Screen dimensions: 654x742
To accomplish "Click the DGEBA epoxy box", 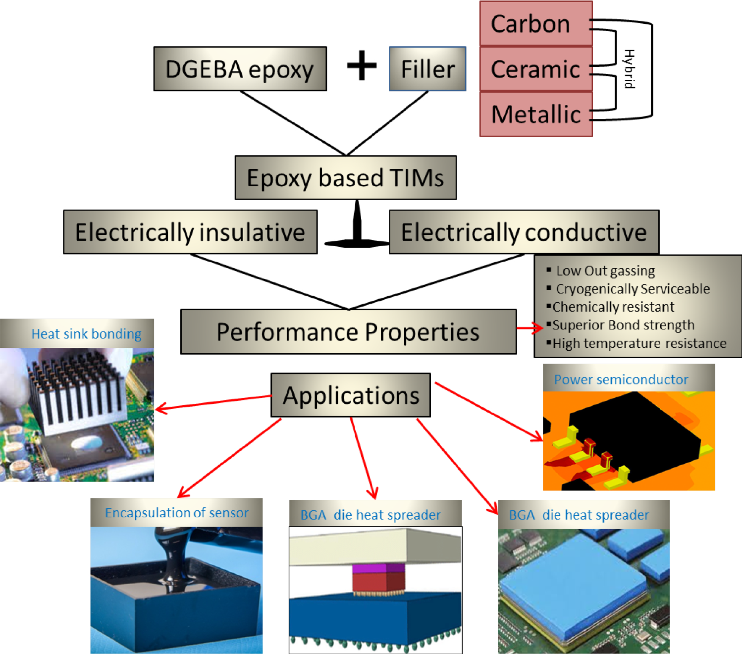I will click(240, 69).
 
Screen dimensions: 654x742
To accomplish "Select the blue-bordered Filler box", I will click(427, 69).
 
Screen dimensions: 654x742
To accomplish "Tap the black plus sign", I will click(362, 65).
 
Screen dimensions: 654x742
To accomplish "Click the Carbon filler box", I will click(535, 24).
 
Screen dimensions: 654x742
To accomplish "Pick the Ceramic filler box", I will click(535, 69).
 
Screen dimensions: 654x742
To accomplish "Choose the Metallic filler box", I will click(535, 114).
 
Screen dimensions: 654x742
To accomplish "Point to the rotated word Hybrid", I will click(629, 69).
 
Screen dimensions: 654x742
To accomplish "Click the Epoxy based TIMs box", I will click(345, 178).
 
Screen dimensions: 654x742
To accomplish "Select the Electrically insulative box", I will click(190, 232).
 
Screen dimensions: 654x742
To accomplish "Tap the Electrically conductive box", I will click(524, 232).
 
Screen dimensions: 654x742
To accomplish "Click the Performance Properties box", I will click(348, 331).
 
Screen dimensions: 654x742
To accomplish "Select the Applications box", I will click(351, 395).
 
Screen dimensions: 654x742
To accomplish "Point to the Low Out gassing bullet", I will click(605, 271).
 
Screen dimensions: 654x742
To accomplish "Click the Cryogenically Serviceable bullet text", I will click(633, 289).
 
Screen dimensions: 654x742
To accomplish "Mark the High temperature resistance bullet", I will click(639, 343).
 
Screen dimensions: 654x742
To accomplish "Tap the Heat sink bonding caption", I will click(86, 334).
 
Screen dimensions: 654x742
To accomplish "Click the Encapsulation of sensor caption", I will click(176, 513).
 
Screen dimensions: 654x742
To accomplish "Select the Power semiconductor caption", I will click(621, 380).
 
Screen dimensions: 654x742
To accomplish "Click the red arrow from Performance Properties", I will click(530, 327).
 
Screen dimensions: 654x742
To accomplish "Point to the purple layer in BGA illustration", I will click(378, 568).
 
